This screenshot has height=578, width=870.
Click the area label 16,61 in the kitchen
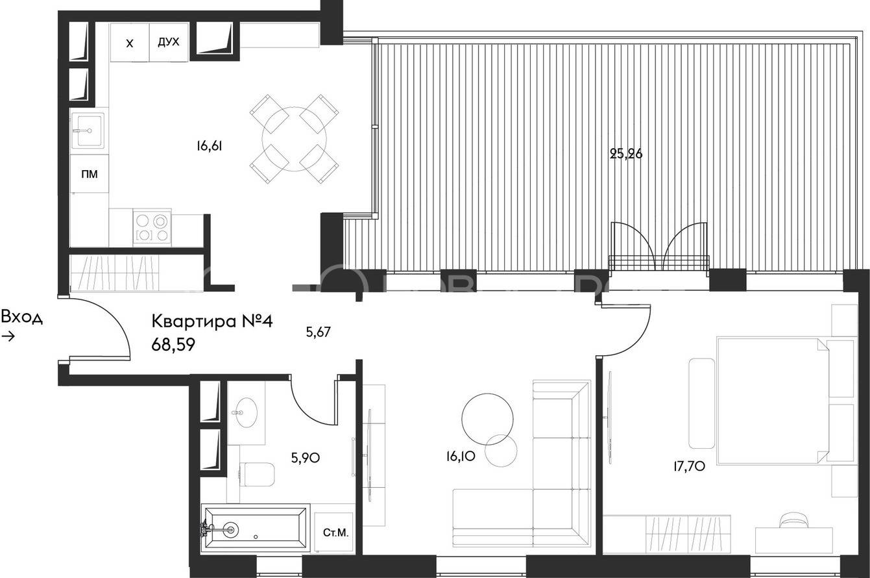tap(210, 146)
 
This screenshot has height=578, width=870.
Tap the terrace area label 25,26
tap(626, 155)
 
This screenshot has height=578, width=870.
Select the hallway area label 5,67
tap(318, 332)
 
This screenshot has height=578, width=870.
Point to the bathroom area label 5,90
tap(306, 458)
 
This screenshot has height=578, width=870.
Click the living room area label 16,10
tap(461, 457)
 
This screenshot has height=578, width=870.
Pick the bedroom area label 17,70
tap(689, 466)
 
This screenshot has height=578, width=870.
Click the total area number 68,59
tap(173, 345)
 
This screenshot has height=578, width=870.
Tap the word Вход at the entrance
tap(22, 317)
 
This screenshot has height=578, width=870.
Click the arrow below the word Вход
tap(8, 336)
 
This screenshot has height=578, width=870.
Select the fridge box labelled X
tap(130, 42)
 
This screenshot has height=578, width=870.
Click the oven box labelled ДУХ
tap(169, 42)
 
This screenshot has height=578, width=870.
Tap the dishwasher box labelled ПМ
tap(90, 174)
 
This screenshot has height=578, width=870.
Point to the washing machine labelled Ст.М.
tap(334, 532)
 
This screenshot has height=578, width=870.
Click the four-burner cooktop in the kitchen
tap(152, 227)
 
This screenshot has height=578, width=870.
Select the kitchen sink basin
tap(88, 131)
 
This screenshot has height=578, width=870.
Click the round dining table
tap(294, 139)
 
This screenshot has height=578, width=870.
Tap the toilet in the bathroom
tap(257, 474)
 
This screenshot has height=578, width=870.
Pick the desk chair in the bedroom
tap(795, 520)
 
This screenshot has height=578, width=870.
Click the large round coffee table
tap(487, 419)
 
